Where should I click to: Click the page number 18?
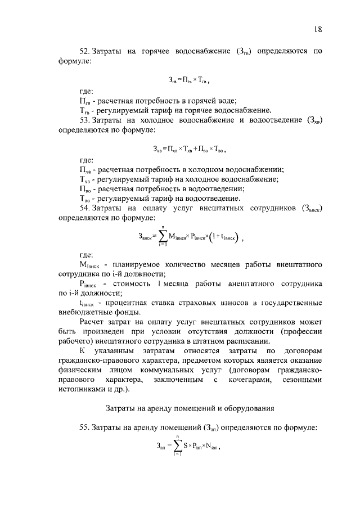coord(318,29)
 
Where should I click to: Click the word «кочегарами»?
coord(248,381)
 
